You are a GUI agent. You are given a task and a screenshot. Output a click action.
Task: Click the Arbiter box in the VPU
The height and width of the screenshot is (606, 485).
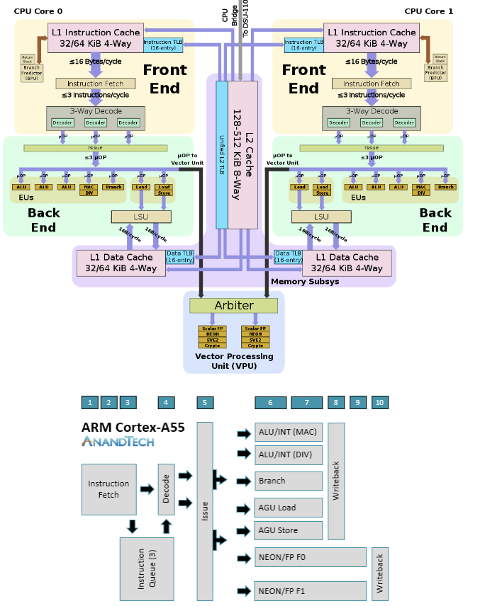tap(233, 306)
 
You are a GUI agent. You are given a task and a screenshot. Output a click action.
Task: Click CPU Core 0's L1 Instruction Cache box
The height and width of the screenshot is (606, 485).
tap(95, 38)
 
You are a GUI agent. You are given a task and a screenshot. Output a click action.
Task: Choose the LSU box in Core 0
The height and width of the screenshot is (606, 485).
tap(142, 217)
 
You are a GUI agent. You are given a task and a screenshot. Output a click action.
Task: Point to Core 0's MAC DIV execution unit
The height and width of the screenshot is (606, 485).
tap(88, 189)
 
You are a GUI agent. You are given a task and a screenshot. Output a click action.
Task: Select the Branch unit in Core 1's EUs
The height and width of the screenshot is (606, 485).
tap(445, 187)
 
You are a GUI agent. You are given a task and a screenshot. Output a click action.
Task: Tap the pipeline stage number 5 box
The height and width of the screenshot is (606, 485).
tap(205, 403)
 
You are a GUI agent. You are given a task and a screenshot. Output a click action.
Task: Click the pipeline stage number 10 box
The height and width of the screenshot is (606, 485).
tap(379, 403)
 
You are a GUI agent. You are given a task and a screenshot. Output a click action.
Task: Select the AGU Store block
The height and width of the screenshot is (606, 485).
tap(289, 530)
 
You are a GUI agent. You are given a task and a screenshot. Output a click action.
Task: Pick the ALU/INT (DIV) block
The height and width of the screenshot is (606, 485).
tap(289, 455)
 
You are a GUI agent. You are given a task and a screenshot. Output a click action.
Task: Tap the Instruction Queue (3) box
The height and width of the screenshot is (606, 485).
tap(147, 568)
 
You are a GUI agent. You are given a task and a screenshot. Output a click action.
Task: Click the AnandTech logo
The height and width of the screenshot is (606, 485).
tap(118, 442)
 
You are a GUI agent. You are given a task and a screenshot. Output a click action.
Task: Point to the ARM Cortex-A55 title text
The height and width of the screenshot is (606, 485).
tap(133, 427)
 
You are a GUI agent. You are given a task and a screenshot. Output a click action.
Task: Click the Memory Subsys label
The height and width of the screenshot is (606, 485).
tap(305, 281)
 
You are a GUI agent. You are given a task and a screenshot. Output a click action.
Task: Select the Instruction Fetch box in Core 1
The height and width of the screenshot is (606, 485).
tap(372, 84)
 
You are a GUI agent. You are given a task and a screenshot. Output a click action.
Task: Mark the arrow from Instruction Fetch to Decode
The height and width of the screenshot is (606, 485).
tap(147, 489)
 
